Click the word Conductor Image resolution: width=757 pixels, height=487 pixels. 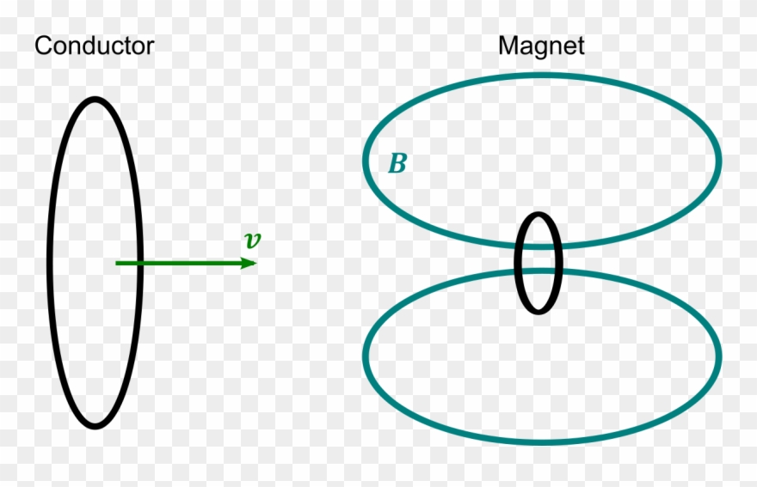94,46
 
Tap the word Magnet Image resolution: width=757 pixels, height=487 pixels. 541,46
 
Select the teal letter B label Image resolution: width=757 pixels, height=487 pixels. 397,164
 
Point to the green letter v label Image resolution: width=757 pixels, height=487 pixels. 251,240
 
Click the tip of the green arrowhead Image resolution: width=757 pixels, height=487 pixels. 257,263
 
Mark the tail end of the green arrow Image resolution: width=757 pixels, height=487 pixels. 116,263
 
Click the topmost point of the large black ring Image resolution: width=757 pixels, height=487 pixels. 95,100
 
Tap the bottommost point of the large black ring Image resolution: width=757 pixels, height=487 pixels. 95,426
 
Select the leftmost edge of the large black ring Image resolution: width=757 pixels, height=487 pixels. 50,263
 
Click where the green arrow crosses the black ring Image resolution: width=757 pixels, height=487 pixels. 139,263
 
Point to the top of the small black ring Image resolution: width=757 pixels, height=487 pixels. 539,215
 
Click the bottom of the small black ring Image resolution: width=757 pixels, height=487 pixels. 539,311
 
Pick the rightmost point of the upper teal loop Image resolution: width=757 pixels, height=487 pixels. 718,161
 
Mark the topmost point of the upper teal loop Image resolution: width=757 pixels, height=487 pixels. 542,75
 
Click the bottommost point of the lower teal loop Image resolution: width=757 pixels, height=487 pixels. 542,441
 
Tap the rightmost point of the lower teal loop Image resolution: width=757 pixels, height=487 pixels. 718,356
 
